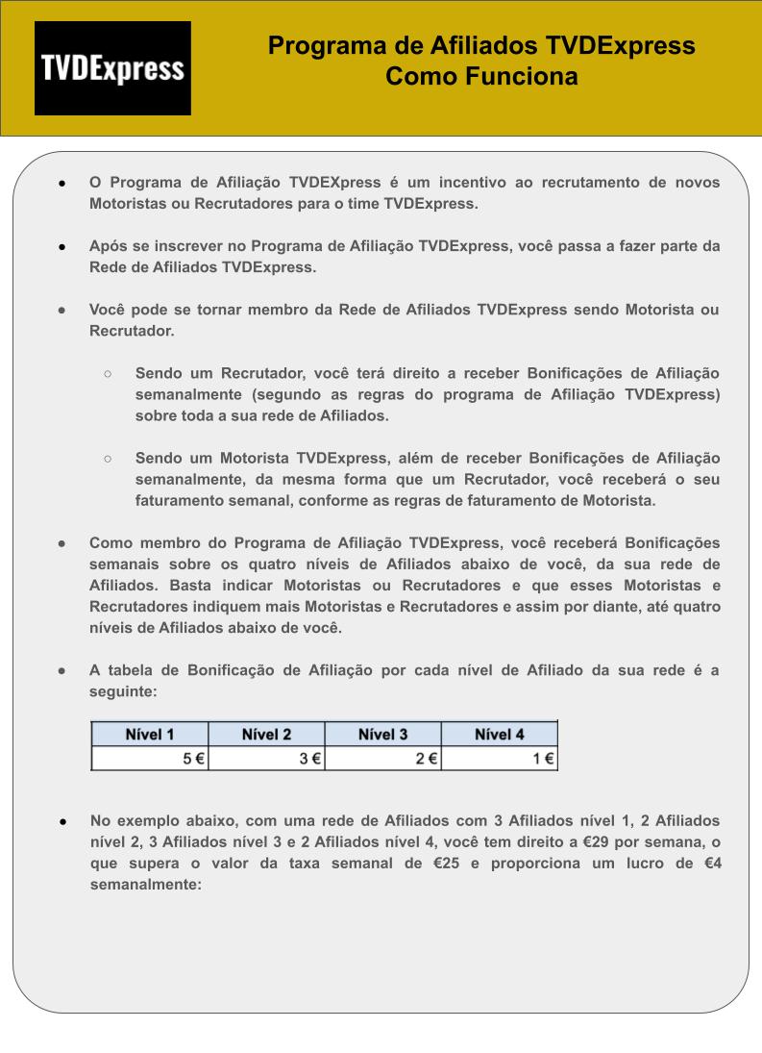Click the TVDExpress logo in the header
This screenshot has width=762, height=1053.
[x=112, y=68]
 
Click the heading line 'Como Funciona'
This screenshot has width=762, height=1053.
[x=481, y=77]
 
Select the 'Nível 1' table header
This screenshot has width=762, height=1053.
[x=150, y=734]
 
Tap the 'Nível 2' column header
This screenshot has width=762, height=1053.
[x=266, y=734]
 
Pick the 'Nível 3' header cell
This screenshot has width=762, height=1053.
[x=382, y=734]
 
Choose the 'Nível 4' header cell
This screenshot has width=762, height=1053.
[x=499, y=734]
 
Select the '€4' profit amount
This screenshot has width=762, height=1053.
[x=711, y=864]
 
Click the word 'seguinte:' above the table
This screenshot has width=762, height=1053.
[x=122, y=691]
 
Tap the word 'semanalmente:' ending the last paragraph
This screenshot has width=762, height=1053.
[x=145, y=885]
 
